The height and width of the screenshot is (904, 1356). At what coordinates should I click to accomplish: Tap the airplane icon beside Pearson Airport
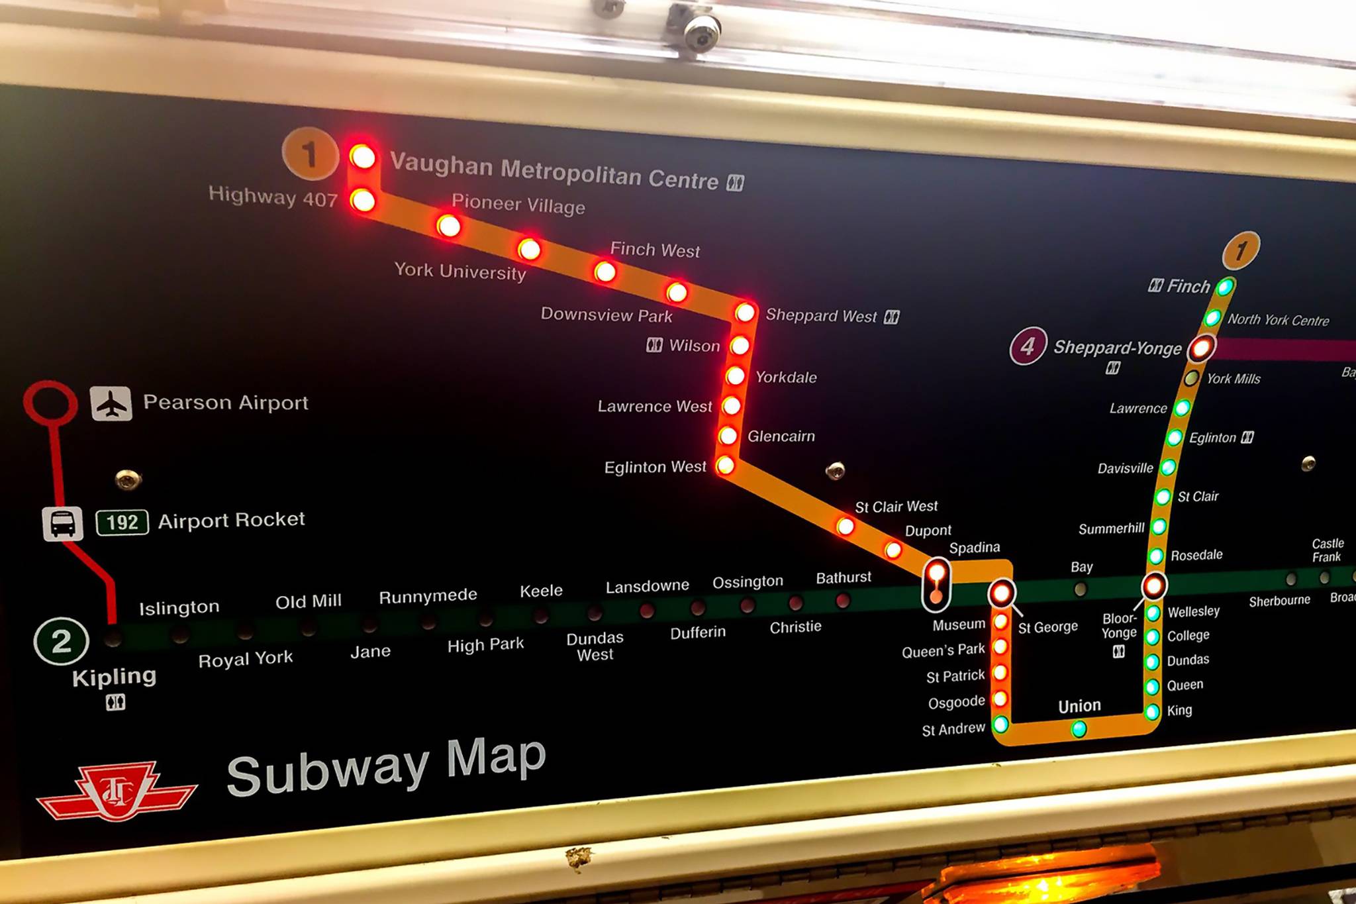[111, 403]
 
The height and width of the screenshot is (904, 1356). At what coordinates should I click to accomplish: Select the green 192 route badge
[122, 522]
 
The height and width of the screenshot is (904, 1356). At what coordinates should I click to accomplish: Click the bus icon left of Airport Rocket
[63, 523]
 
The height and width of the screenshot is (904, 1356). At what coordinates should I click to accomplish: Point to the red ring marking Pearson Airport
[50, 402]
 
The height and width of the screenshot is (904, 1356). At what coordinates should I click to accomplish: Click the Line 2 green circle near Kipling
[61, 640]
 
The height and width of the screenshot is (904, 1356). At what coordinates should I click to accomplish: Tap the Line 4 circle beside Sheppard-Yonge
[1028, 346]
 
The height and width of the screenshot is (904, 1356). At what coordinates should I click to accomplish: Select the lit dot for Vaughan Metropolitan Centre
[363, 157]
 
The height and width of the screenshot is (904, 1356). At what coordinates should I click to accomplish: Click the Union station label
[1079, 706]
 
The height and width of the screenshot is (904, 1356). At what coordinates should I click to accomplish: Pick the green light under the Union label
[1079, 729]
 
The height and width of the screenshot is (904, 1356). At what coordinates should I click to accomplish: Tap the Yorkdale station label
[786, 377]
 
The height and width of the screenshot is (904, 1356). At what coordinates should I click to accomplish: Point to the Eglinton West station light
[726, 465]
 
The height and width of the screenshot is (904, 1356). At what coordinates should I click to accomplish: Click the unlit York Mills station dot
[1191, 378]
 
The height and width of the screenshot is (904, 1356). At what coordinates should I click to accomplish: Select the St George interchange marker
[1002, 592]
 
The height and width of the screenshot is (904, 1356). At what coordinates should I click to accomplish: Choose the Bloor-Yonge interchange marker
[1153, 585]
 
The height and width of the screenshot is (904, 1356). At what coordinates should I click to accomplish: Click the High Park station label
[485, 644]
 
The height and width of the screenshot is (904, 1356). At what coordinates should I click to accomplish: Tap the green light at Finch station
[1225, 287]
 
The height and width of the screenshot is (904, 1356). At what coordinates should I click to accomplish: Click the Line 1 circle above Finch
[1241, 250]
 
